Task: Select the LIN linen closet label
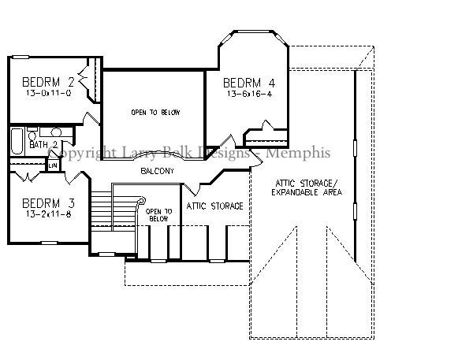[x=53, y=165]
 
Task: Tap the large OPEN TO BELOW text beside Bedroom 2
[x=155, y=113]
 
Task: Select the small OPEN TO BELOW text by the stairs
[x=158, y=215]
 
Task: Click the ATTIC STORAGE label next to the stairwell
[x=214, y=206]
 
